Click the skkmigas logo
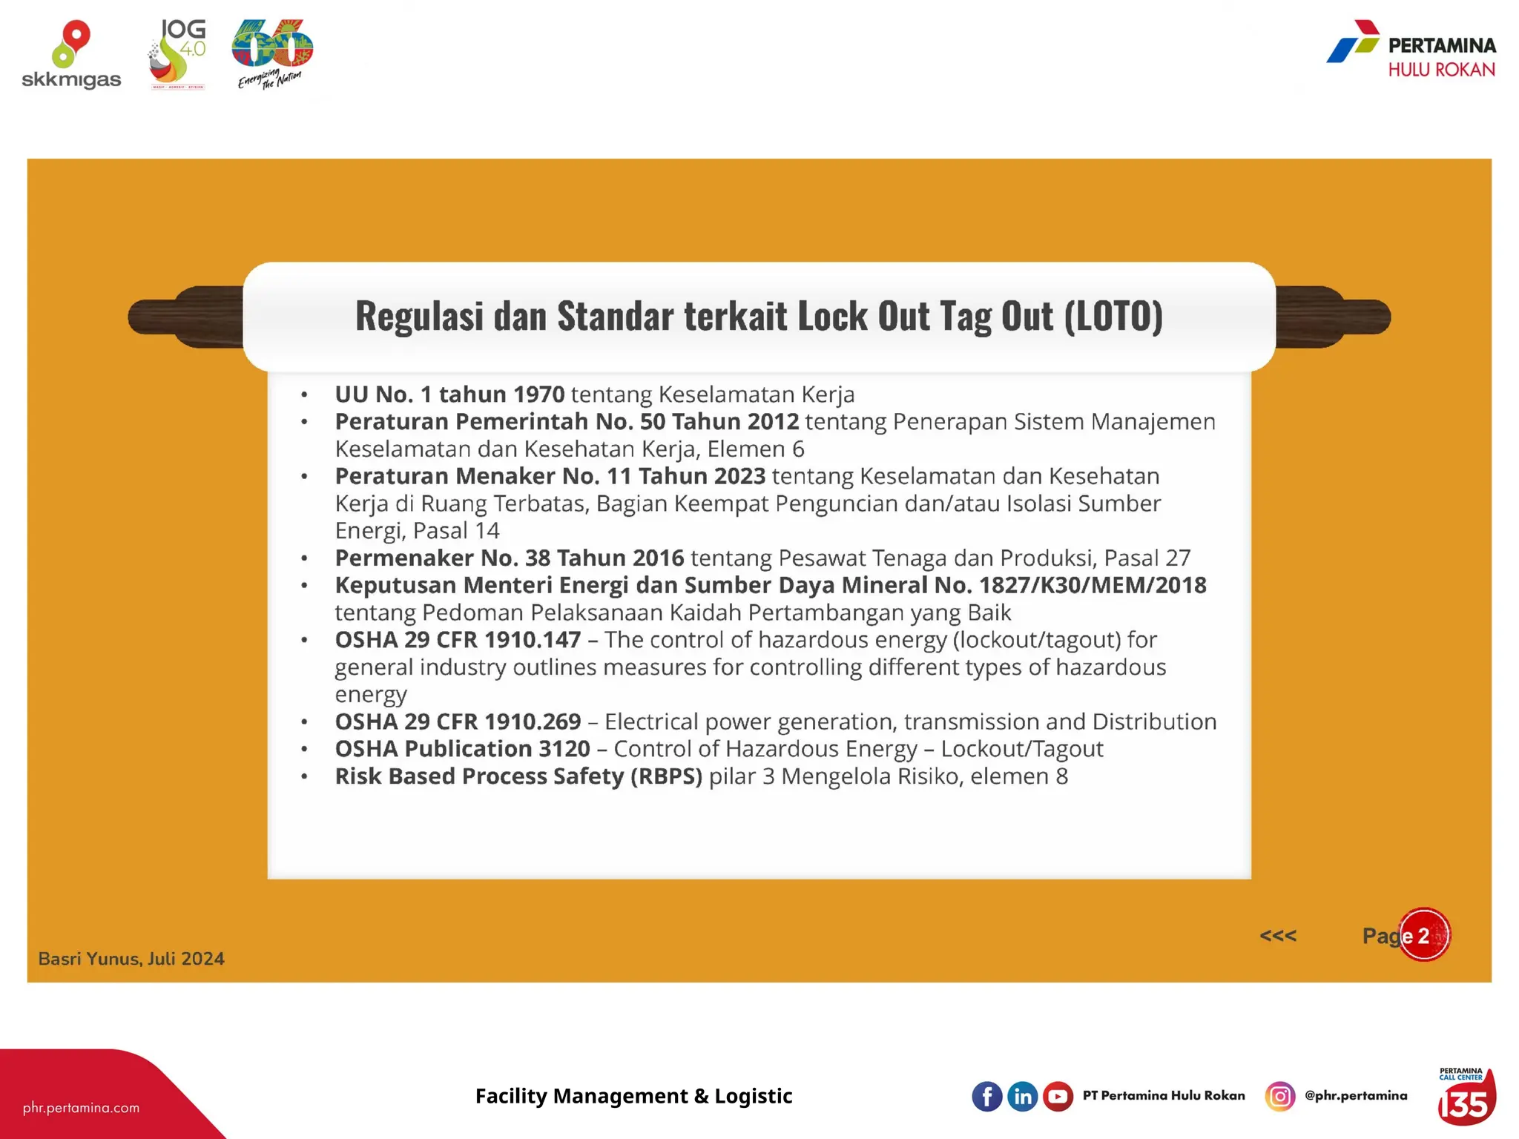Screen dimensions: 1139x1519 (x=71, y=56)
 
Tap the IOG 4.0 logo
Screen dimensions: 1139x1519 (x=178, y=54)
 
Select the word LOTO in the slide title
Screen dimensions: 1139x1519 (x=1113, y=316)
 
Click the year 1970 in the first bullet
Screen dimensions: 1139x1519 (x=538, y=394)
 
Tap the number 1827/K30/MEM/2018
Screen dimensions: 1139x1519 (x=1093, y=585)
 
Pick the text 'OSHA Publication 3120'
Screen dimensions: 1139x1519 (x=462, y=749)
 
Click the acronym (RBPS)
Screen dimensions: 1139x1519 (x=666, y=776)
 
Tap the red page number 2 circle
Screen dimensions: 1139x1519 (x=1424, y=935)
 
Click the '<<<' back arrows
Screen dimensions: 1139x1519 (x=1278, y=936)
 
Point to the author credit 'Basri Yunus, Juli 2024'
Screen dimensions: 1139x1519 (x=131, y=959)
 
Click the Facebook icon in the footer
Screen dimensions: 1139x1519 (x=986, y=1096)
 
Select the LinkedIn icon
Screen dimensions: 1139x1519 (x=1022, y=1096)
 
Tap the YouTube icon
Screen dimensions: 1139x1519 (x=1058, y=1096)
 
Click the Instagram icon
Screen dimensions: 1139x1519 (x=1279, y=1096)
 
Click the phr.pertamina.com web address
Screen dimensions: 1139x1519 (x=81, y=1108)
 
